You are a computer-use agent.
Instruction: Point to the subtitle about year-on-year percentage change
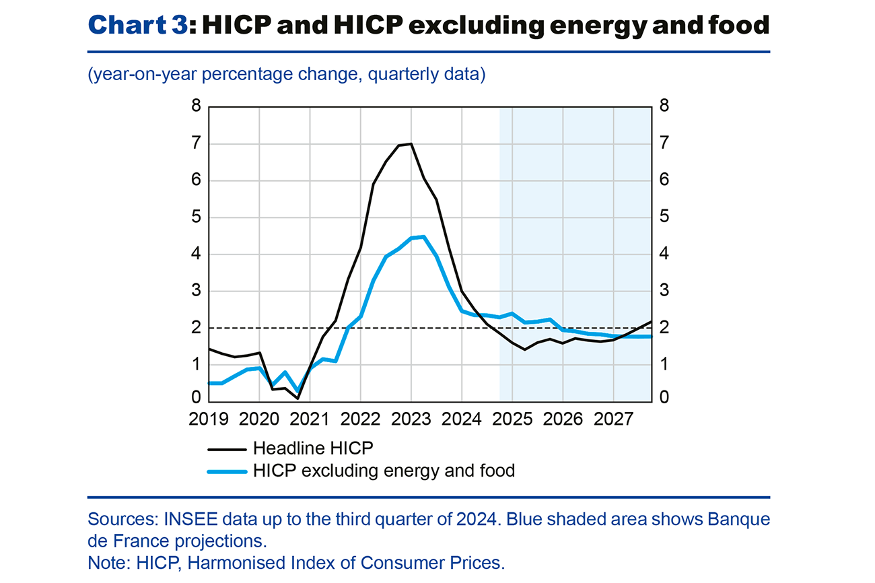tap(287, 74)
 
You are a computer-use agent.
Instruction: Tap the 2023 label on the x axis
tap(411, 419)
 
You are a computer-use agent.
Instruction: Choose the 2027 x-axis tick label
tap(613, 419)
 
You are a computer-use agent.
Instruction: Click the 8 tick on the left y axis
tap(197, 106)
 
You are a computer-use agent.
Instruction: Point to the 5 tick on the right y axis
tap(664, 217)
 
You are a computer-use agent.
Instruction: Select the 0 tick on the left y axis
tap(197, 397)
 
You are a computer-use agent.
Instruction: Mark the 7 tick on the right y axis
tap(664, 143)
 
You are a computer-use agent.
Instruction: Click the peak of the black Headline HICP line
tap(411, 143)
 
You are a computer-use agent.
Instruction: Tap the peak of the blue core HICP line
tap(423, 236)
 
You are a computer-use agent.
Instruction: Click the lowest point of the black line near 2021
tap(297, 398)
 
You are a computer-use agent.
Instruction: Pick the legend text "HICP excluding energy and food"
tap(384, 471)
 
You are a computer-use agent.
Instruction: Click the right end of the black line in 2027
tap(650, 322)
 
